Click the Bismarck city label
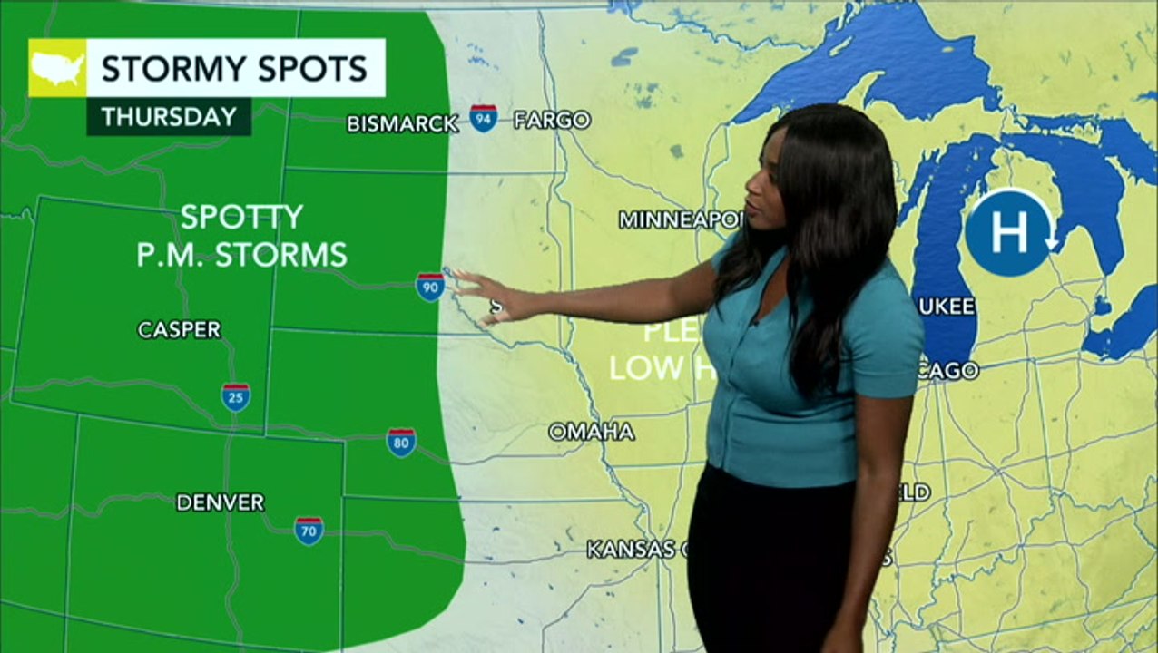pyautogui.click(x=402, y=123)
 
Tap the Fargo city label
pyautogui.click(x=552, y=120)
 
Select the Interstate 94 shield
pyautogui.click(x=483, y=118)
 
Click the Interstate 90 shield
pyautogui.click(x=430, y=287)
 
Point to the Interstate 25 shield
pyautogui.click(x=236, y=397)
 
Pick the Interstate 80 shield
pyautogui.click(x=401, y=443)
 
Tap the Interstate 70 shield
pyautogui.click(x=309, y=531)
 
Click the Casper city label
pyautogui.click(x=180, y=330)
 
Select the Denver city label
pyautogui.click(x=220, y=502)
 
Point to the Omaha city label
pyautogui.click(x=591, y=432)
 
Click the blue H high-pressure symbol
pyautogui.click(x=1009, y=233)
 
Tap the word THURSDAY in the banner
pyautogui.click(x=169, y=117)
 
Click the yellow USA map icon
pyautogui.click(x=57, y=68)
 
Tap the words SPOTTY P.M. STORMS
pyautogui.click(x=241, y=236)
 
